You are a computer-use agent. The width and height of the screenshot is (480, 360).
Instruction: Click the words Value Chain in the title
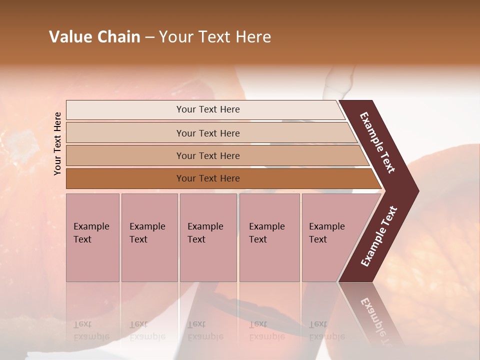pyautogui.click(x=94, y=37)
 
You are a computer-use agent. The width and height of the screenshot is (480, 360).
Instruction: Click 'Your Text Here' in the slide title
pyautogui.click(x=215, y=37)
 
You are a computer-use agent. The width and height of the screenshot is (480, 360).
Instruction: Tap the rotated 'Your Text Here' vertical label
pyautogui.click(x=57, y=143)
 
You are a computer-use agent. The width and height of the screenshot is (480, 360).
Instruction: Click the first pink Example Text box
pyautogui.click(x=92, y=237)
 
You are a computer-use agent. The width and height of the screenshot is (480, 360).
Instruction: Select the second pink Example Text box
pyautogui.click(x=149, y=237)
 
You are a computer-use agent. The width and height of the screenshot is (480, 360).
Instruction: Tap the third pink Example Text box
pyautogui.click(x=208, y=237)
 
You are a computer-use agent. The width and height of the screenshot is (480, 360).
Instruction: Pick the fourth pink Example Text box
pyautogui.click(x=269, y=237)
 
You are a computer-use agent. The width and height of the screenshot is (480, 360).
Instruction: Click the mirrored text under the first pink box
pyautogui.click(x=91, y=330)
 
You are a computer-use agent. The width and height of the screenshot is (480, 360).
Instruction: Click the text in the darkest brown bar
pyautogui.click(x=208, y=178)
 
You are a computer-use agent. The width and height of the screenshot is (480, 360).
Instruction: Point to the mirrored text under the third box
pyautogui.click(x=205, y=330)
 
